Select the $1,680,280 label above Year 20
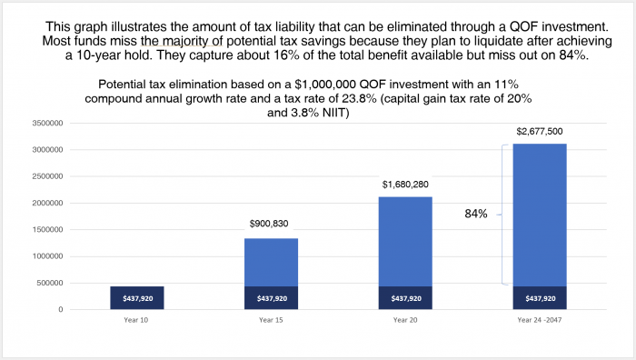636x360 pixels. tap(405, 184)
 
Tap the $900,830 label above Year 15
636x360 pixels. tap(271, 223)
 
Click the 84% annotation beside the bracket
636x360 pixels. tap(477, 214)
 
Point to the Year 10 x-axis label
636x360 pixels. tap(137, 318)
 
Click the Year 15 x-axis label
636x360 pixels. tap(271, 318)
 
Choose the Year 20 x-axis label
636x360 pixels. tap(405, 318)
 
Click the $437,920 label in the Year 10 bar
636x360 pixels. tap(137, 298)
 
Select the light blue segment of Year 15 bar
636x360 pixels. tap(271, 262)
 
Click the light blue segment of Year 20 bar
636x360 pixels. tap(405, 241)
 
